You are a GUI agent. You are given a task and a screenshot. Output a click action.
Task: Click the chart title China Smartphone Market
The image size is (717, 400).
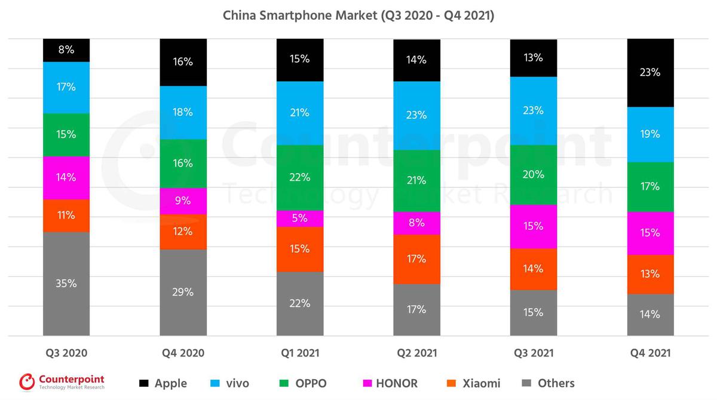point(358,15)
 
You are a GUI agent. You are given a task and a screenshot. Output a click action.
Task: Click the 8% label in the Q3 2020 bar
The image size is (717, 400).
point(66,50)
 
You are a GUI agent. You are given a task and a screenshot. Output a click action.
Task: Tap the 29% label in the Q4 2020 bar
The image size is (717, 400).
point(183,292)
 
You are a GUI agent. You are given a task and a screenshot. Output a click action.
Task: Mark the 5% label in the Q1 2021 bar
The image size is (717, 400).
point(300,219)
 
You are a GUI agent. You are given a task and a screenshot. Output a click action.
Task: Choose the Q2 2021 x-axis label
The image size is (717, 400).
point(416,353)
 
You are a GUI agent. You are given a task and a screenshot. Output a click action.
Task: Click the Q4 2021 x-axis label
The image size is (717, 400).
point(650,353)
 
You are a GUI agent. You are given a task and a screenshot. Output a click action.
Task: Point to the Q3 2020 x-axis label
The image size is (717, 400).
point(66,353)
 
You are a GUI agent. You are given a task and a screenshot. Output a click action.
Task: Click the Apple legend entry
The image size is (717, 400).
point(163,383)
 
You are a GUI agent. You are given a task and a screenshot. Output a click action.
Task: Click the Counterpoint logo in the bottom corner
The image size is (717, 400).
point(62,382)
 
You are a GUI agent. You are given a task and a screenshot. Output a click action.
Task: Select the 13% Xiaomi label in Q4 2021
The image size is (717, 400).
point(650,274)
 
